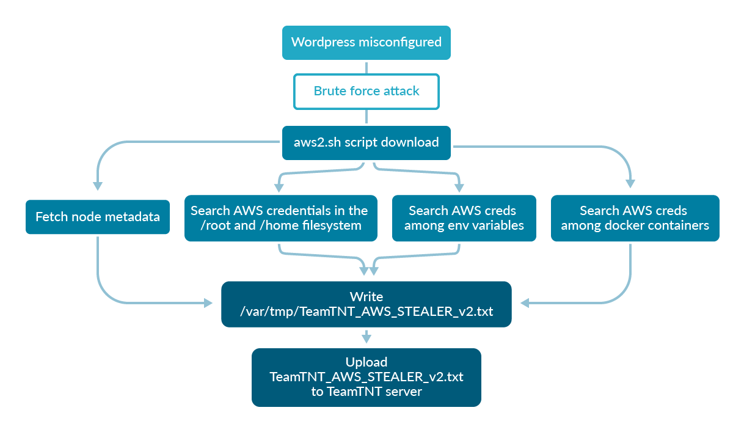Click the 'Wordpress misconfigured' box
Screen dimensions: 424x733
[x=366, y=42]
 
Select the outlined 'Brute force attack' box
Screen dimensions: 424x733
[x=366, y=91]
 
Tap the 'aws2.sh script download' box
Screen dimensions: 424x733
[x=366, y=142]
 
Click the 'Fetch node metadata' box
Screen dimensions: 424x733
[x=97, y=217]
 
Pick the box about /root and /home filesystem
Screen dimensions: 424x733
[x=279, y=218]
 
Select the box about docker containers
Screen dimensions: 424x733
[x=635, y=218]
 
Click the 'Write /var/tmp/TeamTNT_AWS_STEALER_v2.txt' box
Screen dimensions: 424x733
[x=366, y=304]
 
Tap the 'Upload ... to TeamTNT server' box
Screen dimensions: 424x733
[x=366, y=377]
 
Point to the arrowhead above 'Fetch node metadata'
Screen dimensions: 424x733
[x=97, y=186]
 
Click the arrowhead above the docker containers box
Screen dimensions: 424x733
[x=630, y=183]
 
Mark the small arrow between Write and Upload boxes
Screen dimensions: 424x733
[x=366, y=337]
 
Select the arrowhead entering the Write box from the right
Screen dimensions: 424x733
[x=525, y=302]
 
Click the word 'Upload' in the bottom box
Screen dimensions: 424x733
[x=366, y=362]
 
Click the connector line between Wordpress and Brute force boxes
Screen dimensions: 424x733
[x=366, y=67]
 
